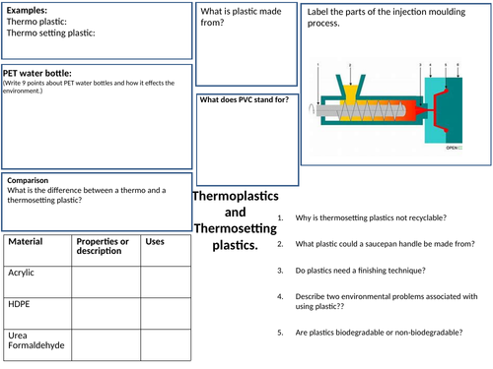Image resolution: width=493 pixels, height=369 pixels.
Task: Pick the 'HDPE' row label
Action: tap(19, 305)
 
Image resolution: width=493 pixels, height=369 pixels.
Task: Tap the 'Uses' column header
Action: tap(155, 241)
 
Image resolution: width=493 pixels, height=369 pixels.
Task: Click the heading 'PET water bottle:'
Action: tap(37, 73)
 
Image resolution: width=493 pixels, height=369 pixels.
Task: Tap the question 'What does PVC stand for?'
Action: tap(244, 99)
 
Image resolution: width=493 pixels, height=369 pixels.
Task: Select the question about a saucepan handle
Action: tap(384, 243)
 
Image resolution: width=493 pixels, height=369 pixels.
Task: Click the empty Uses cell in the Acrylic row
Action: tap(165, 280)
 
